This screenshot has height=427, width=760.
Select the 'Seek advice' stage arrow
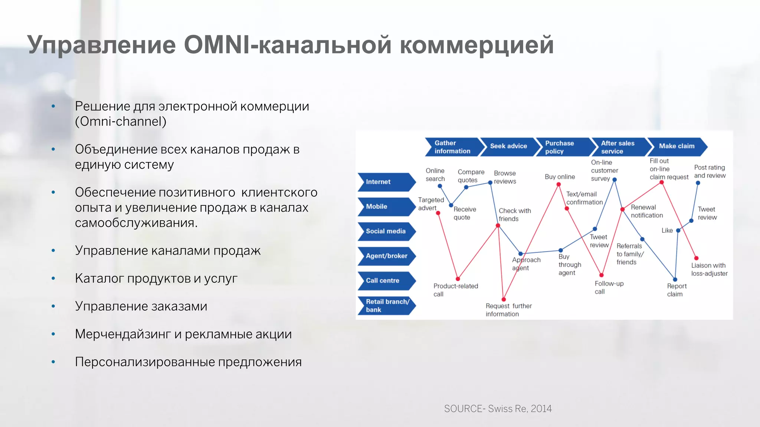(x=508, y=146)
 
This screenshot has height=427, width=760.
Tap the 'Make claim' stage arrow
(x=677, y=146)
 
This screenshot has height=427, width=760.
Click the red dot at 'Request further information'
(x=504, y=299)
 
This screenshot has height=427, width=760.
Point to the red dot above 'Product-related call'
(x=458, y=279)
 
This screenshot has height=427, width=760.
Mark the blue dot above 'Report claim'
(x=675, y=279)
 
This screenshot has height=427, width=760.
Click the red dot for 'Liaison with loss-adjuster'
(x=696, y=258)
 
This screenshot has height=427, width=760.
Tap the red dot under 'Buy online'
(x=558, y=184)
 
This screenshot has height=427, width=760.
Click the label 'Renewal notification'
(x=646, y=211)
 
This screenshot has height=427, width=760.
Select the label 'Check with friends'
(x=514, y=215)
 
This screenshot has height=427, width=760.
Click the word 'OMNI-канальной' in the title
(x=288, y=45)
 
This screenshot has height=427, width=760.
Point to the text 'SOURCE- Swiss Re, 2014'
(x=498, y=408)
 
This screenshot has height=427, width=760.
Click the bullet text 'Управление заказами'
(x=141, y=306)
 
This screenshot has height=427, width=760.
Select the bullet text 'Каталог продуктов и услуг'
(x=156, y=278)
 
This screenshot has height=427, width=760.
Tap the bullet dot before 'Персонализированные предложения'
(x=53, y=362)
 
